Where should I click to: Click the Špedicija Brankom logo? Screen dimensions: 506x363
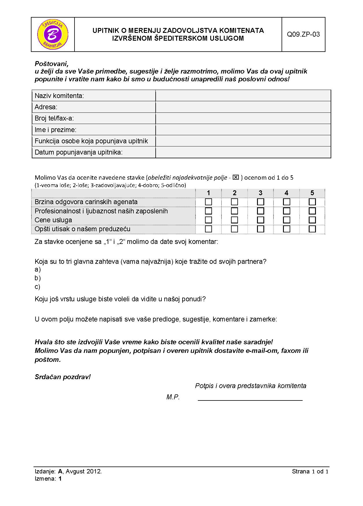tap(53, 35)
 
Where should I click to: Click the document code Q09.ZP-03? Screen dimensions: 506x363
tap(303, 35)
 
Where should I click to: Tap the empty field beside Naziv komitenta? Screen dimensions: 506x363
tap(243, 96)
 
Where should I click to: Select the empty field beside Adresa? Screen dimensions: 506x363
tap(243, 107)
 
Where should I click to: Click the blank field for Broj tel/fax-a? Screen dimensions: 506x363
tap(243, 118)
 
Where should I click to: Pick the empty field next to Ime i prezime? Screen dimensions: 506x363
tap(243, 130)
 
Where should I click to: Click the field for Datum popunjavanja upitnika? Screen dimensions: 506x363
tap(243, 152)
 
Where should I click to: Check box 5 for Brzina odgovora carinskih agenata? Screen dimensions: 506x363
tap(312, 202)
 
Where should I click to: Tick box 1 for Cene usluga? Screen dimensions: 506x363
tap(208, 220)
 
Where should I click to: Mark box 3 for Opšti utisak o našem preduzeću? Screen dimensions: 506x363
tap(260, 229)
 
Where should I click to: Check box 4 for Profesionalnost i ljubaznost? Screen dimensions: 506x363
tap(286, 211)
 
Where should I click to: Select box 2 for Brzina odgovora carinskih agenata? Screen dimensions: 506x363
tap(234, 202)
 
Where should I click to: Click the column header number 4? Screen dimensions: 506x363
tap(286, 193)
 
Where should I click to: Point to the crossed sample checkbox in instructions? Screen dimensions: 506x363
tap(236, 177)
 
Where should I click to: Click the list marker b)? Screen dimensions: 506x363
tap(38, 278)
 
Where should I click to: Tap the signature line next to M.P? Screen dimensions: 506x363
tap(250, 400)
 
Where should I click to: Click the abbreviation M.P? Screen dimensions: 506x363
tap(173, 397)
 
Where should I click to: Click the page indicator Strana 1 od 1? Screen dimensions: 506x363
tap(310, 471)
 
